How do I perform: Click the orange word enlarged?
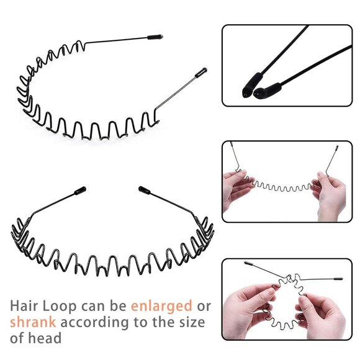click(161, 307)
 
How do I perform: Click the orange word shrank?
click(33, 322)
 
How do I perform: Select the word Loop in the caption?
click(60, 307)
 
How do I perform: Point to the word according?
click(95, 323)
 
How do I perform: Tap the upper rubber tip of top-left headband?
click(155, 37)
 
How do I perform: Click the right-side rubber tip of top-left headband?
click(201, 73)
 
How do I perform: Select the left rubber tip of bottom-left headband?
click(80, 191)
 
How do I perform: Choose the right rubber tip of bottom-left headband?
click(145, 190)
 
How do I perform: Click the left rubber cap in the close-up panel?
click(252, 85)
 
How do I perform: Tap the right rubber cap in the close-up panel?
click(268, 90)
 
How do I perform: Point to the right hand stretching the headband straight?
click(330, 195)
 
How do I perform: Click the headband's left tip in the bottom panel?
click(249, 263)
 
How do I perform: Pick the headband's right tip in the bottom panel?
click(338, 279)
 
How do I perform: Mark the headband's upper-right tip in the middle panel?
click(337, 148)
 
